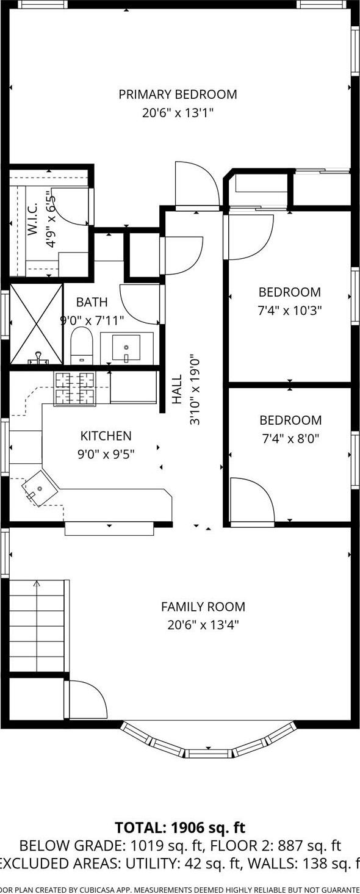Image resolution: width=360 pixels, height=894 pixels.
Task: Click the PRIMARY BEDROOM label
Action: pyautogui.click(x=178, y=95)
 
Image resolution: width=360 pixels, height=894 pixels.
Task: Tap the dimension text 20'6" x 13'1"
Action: pyautogui.click(x=178, y=113)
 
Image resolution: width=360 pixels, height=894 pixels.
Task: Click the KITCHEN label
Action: pyautogui.click(x=106, y=436)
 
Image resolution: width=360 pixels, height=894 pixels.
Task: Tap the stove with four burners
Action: pyautogui.click(x=76, y=388)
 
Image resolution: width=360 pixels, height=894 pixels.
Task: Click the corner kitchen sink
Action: pyautogui.click(x=39, y=489)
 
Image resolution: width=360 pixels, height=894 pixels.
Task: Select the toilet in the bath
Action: pyautogui.click(x=81, y=346)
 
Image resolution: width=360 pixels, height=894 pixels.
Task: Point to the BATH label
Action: pyautogui.click(x=92, y=302)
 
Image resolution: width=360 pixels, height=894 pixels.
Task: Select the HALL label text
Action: pyautogui.click(x=178, y=389)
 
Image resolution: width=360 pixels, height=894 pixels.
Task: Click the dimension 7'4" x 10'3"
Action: pyautogui.click(x=289, y=310)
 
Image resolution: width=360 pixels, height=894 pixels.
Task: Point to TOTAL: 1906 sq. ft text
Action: pyautogui.click(x=180, y=827)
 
